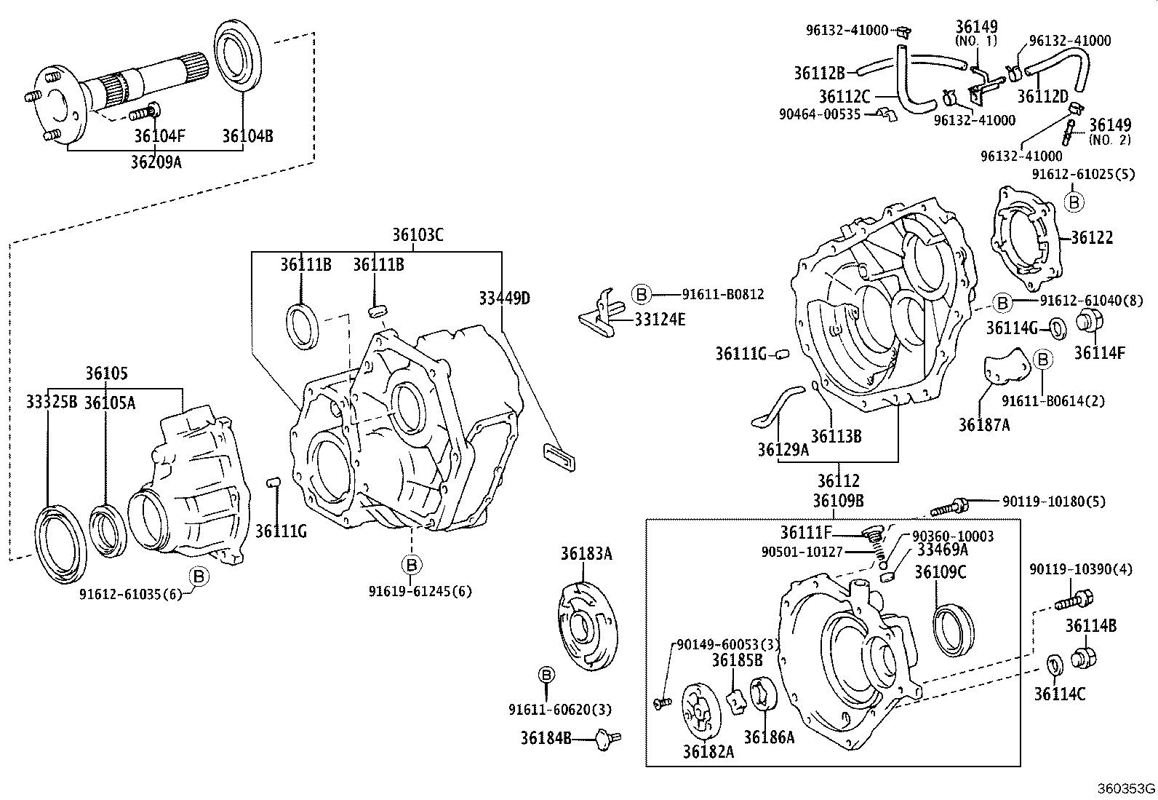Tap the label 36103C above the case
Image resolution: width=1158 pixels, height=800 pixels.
(x=418, y=235)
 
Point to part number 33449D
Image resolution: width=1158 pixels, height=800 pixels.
(x=504, y=298)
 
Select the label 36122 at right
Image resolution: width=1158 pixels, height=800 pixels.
(x=1091, y=238)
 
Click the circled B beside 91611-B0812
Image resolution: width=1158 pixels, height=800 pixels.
(x=640, y=294)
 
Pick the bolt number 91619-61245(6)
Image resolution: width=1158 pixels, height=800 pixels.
(x=420, y=591)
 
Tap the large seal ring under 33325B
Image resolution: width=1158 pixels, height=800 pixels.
(x=60, y=544)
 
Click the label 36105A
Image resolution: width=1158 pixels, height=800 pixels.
(x=110, y=403)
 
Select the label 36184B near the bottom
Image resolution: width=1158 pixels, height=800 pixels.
(x=545, y=738)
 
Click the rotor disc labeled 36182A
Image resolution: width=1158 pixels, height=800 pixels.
(x=700, y=710)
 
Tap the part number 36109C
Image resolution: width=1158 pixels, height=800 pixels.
(x=940, y=572)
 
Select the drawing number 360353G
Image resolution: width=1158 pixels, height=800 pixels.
(x=1126, y=788)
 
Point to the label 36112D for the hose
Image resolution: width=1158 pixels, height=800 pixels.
(x=1042, y=97)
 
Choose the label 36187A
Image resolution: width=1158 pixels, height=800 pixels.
(x=983, y=425)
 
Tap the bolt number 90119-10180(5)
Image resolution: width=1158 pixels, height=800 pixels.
(x=1053, y=502)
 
